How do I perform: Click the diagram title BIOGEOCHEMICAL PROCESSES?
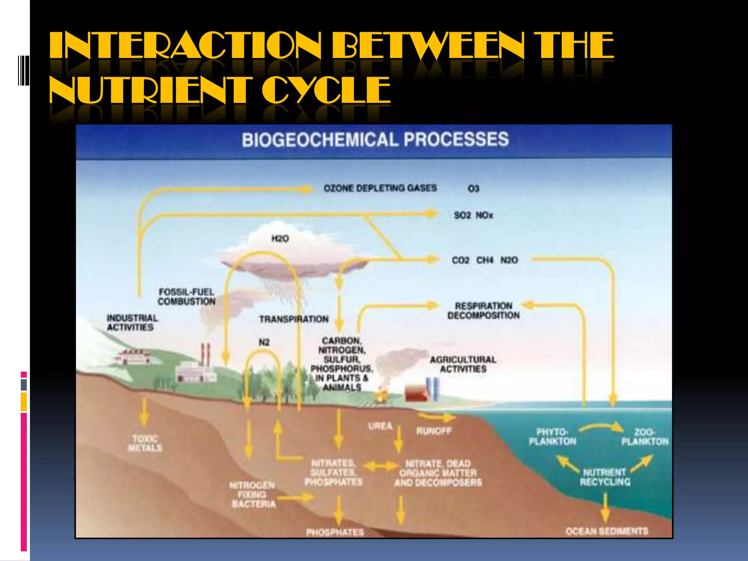(x=375, y=140)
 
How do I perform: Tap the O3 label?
(x=473, y=189)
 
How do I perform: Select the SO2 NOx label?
(x=473, y=215)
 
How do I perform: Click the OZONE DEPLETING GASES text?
(x=380, y=188)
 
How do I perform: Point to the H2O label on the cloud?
(x=280, y=239)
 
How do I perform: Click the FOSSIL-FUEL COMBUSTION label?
(x=187, y=297)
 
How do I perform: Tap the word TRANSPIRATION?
(x=294, y=319)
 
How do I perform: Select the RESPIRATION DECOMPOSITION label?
(x=483, y=310)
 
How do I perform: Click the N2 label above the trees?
(x=264, y=343)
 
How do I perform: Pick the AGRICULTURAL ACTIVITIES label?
(x=463, y=364)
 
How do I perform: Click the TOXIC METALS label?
(x=145, y=443)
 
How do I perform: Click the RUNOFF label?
(x=434, y=431)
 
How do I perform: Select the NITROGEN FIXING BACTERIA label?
(x=253, y=495)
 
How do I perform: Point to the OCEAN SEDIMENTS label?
(x=607, y=531)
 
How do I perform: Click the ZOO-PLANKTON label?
(x=645, y=437)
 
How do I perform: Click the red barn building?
(x=416, y=393)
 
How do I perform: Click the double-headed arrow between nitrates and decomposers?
(x=381, y=466)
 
